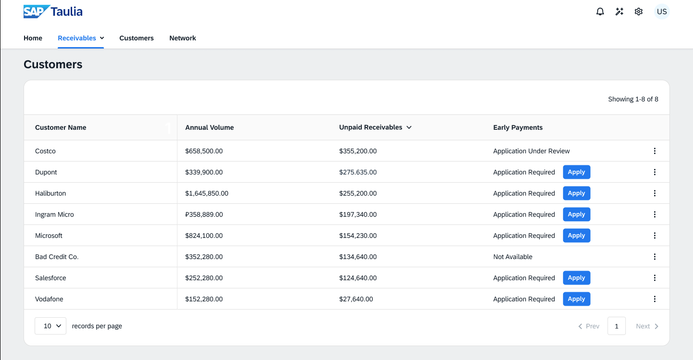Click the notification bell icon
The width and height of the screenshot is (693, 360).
point(600,12)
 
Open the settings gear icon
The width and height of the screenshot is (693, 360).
point(639,12)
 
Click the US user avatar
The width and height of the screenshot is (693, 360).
point(662,12)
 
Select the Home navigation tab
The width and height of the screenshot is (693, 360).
point(33,38)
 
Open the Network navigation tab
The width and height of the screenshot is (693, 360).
point(183,38)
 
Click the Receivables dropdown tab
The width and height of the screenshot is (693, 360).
point(81,38)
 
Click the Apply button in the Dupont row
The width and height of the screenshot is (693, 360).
point(576,172)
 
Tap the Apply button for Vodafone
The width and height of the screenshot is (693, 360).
point(576,299)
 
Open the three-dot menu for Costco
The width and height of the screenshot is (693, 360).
point(655,151)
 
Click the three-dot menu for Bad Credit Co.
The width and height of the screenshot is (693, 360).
point(655,257)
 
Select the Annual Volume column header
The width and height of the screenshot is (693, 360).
point(210,127)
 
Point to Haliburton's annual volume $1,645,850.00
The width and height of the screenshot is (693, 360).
point(207,193)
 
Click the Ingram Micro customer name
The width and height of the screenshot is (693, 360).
point(54,214)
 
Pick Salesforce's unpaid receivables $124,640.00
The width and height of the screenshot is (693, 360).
point(358,278)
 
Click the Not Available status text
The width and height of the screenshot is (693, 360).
point(513,257)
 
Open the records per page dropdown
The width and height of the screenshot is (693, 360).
point(50,326)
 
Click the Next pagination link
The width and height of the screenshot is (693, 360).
point(647,326)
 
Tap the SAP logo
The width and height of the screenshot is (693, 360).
point(37,12)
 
